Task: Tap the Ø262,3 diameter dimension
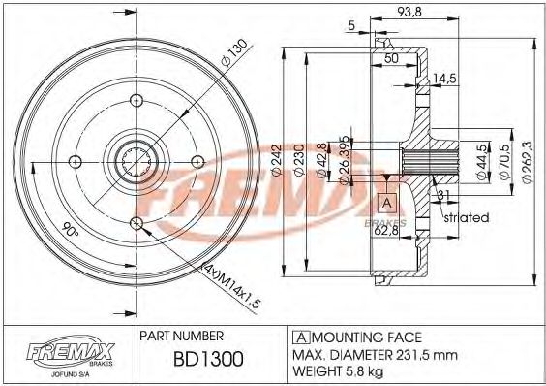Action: tap(526, 156)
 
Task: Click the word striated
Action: tap(467, 218)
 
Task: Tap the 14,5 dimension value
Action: tap(444, 78)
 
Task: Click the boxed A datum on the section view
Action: tap(385, 203)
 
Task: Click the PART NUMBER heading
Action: tap(182, 337)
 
